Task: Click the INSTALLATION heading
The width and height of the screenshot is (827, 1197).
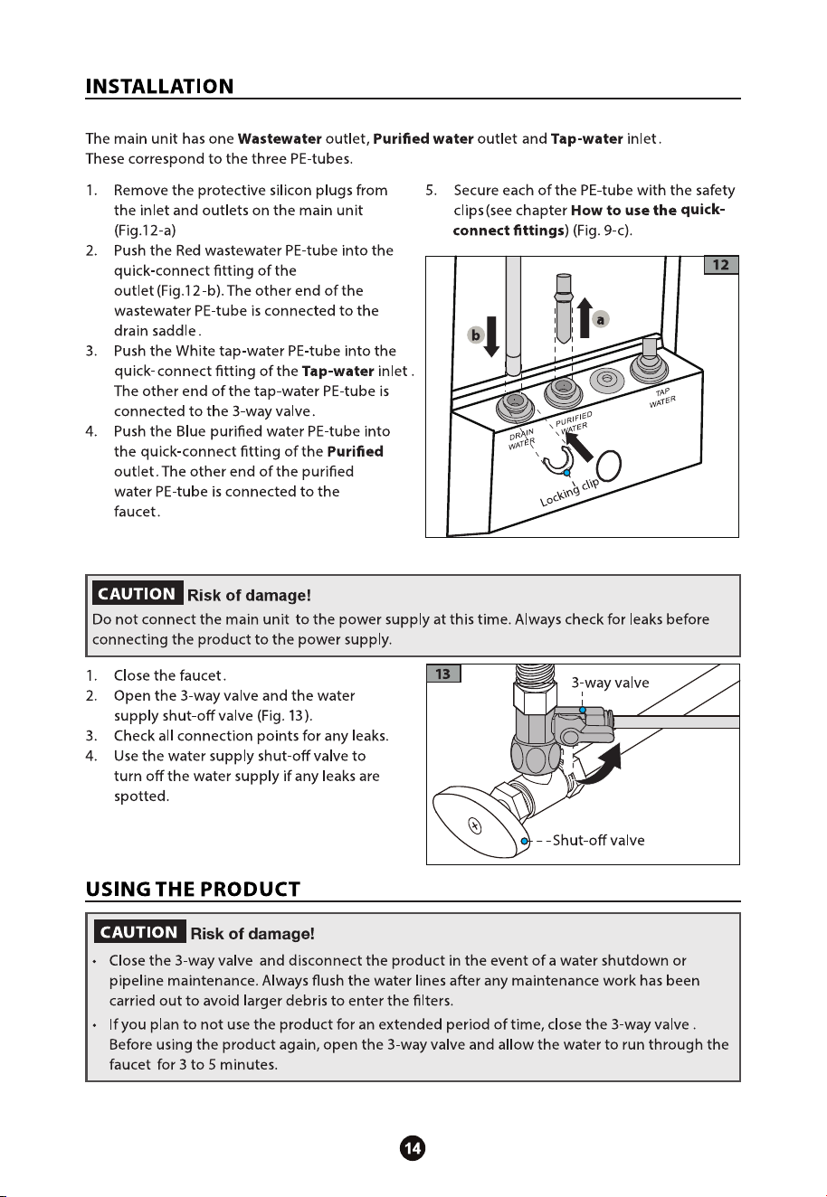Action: pos(159,86)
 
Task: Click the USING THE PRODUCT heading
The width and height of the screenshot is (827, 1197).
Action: pos(193,889)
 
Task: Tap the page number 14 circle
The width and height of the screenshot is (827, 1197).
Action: pos(413,1148)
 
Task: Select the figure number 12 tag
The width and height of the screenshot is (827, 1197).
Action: pos(720,265)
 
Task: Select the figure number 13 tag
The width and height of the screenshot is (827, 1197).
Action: pos(443,674)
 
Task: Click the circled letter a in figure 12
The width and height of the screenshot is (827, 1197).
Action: pos(601,319)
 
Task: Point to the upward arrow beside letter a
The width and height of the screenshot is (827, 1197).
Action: pos(585,317)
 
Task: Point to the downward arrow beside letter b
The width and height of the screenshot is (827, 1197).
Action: pos(491,336)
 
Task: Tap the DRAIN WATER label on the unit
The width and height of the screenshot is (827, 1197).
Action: pos(521,438)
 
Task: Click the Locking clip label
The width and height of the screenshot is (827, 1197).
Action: pos(569,492)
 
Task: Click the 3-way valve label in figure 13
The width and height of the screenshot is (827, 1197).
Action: pos(610,683)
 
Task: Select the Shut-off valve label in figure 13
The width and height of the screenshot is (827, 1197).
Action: pos(598,841)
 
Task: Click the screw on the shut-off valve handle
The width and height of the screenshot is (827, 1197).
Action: pos(475,825)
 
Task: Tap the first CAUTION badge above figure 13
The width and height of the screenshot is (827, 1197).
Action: pos(138,594)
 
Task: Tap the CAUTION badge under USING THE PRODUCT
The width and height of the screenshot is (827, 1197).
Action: pos(139,932)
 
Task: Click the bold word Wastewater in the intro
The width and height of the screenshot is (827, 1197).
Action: pos(280,139)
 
